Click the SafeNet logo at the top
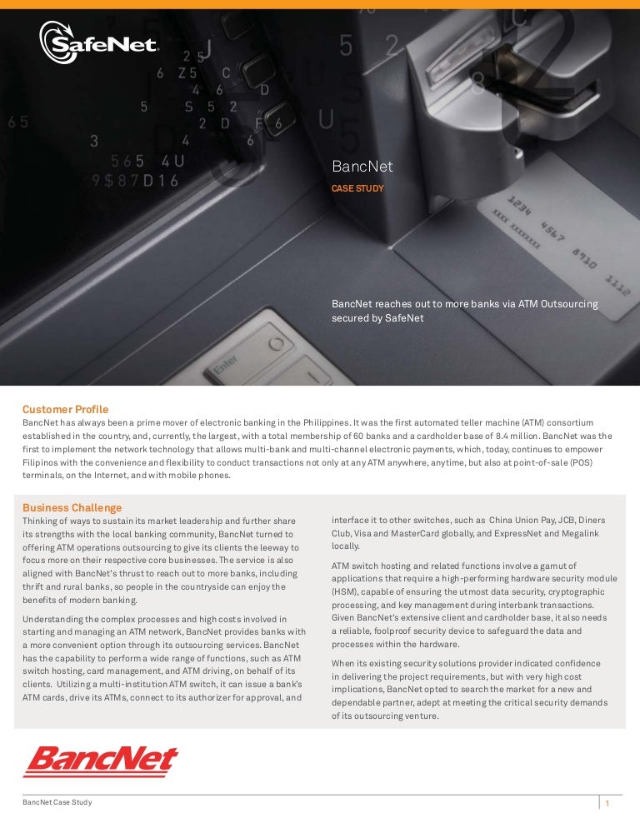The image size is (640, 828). (98, 39)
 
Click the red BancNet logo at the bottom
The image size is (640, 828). (100, 761)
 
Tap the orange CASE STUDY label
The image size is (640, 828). (357, 189)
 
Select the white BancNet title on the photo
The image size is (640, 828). (362, 167)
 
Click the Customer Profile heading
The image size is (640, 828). (65, 409)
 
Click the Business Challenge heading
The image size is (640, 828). (72, 507)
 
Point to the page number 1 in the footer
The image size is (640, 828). (608, 804)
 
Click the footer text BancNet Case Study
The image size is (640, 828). (57, 802)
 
